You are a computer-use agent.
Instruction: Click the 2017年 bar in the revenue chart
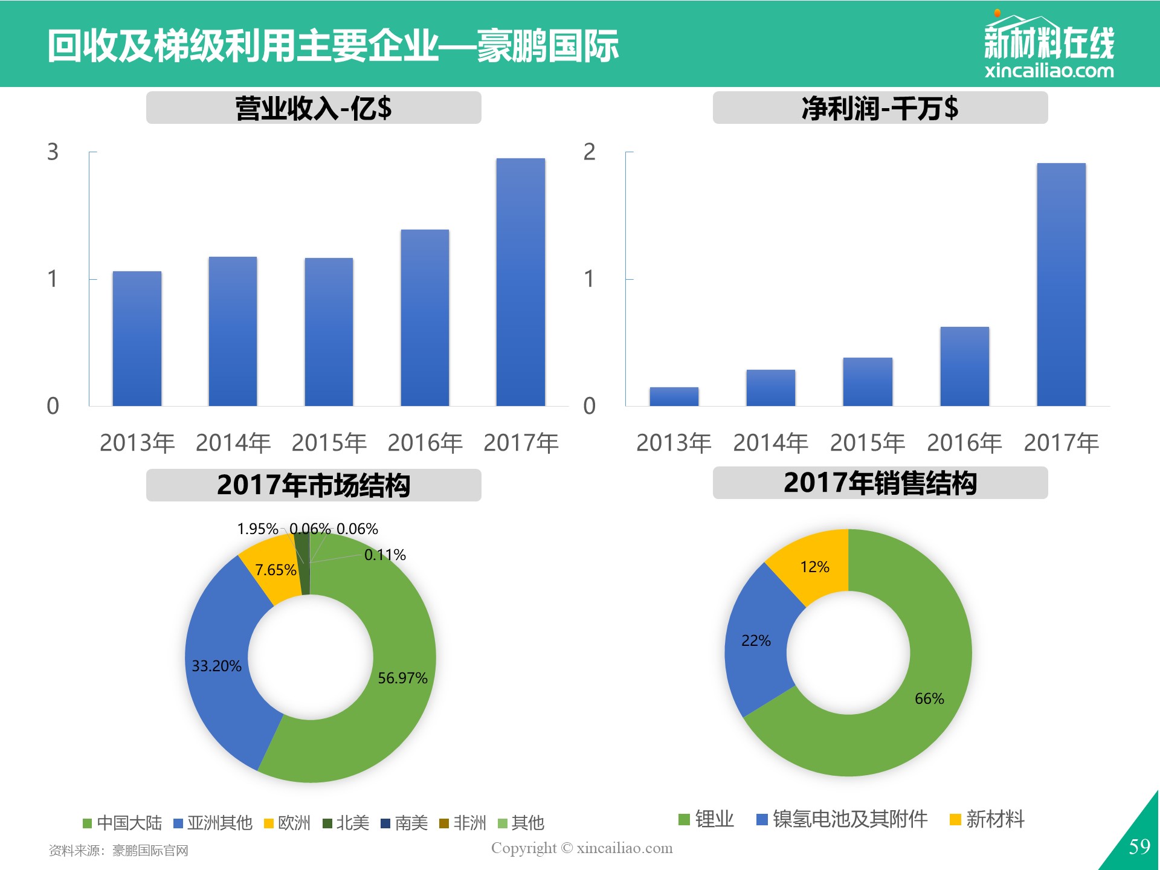[x=521, y=282]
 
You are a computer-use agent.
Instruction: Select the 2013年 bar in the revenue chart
[x=137, y=338]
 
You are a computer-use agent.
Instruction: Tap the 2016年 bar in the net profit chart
[x=964, y=366]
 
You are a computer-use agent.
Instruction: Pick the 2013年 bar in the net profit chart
[x=674, y=396]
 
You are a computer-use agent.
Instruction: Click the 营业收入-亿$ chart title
[x=314, y=108]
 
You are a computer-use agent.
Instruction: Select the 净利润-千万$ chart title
[x=880, y=108]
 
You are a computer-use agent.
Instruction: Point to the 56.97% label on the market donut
[x=402, y=678]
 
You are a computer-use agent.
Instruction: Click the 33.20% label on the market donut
[x=216, y=666]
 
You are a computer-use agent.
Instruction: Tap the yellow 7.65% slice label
[x=275, y=570]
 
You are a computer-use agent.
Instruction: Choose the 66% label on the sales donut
[x=929, y=698]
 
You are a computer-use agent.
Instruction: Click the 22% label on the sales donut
[x=756, y=640]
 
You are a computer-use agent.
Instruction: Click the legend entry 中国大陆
[x=123, y=823]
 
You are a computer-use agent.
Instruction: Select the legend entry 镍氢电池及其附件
[x=842, y=819]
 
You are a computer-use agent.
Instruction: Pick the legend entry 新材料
[x=987, y=819]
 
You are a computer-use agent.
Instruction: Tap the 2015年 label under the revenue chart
[x=329, y=443]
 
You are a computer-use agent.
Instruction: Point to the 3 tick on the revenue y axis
[x=53, y=152]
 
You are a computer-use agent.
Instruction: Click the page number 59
[x=1139, y=846]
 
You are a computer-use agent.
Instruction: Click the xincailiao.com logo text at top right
[x=1049, y=71]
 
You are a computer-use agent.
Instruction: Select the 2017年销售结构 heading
[x=880, y=483]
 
